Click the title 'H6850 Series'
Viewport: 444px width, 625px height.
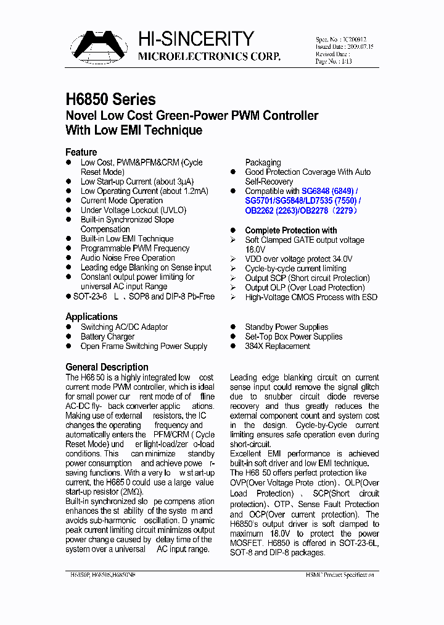[110, 99]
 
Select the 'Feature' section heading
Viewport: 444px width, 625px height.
[81, 152]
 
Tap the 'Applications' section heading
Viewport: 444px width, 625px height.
[91, 316]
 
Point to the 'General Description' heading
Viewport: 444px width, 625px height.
[107, 367]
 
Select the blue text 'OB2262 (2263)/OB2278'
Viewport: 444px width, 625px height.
[289, 211]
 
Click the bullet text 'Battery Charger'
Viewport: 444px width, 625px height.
[107, 337]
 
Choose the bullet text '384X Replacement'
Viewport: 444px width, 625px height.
[277, 346]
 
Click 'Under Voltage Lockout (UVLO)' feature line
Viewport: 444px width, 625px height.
[133, 210]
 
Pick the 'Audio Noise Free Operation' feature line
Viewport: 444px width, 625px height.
[128, 258]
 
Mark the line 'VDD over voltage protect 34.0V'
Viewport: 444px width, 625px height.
[298, 259]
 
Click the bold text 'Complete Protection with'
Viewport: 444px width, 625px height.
[291, 230]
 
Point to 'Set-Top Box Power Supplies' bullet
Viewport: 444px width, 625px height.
[294, 337]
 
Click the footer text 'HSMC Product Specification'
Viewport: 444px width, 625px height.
[340, 574]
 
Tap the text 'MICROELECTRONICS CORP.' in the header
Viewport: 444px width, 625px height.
[208, 57]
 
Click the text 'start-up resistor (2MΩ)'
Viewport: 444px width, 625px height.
[104, 492]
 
